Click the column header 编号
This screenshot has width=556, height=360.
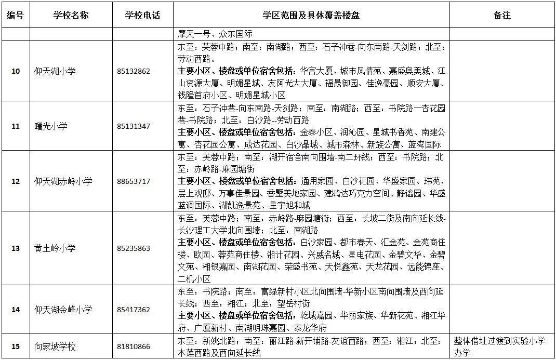pyautogui.click(x=15, y=15)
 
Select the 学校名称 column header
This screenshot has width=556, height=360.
pyautogui.click(x=71, y=15)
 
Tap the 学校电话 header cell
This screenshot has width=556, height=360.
pyautogui.click(x=142, y=15)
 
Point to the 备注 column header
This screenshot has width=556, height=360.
pyautogui.click(x=501, y=15)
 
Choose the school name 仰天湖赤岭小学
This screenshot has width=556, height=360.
pyautogui.click(x=63, y=181)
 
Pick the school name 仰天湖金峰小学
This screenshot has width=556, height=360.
pyautogui.click(x=63, y=310)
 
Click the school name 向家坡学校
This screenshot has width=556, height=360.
pyautogui.click(x=55, y=346)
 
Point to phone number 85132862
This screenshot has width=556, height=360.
pyautogui.click(x=134, y=71)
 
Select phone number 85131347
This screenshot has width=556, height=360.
pyautogui.click(x=134, y=126)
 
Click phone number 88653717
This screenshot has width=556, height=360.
pyautogui.click(x=134, y=181)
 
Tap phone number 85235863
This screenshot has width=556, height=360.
pyautogui.click(x=134, y=248)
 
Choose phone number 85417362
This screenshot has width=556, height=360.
pyautogui.click(x=134, y=310)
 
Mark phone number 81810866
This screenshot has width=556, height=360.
pyautogui.click(x=134, y=346)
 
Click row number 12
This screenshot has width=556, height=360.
pyautogui.click(x=15, y=181)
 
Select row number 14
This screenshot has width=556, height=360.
pyautogui.click(x=15, y=310)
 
